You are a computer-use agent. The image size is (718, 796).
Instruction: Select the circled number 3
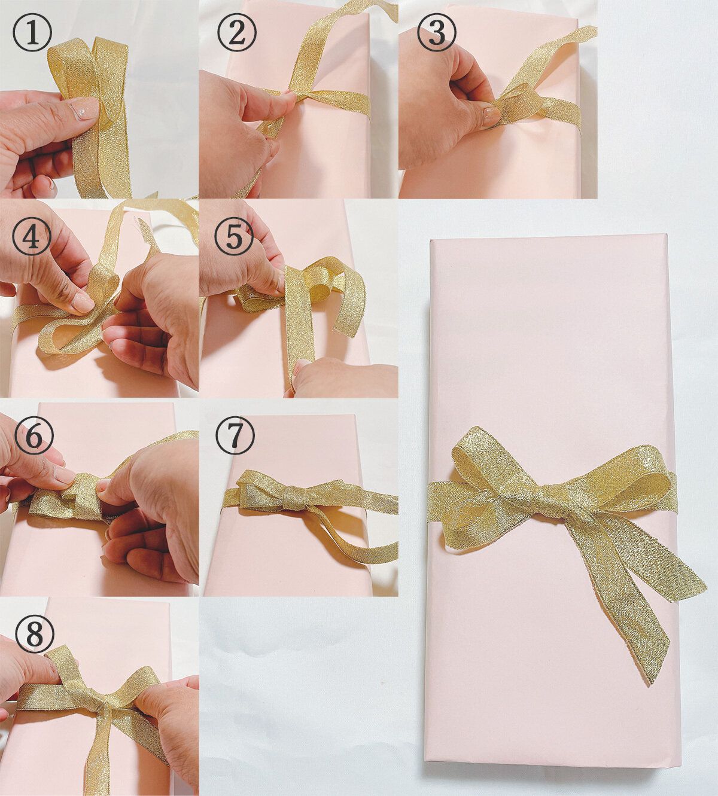tap(436, 34)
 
